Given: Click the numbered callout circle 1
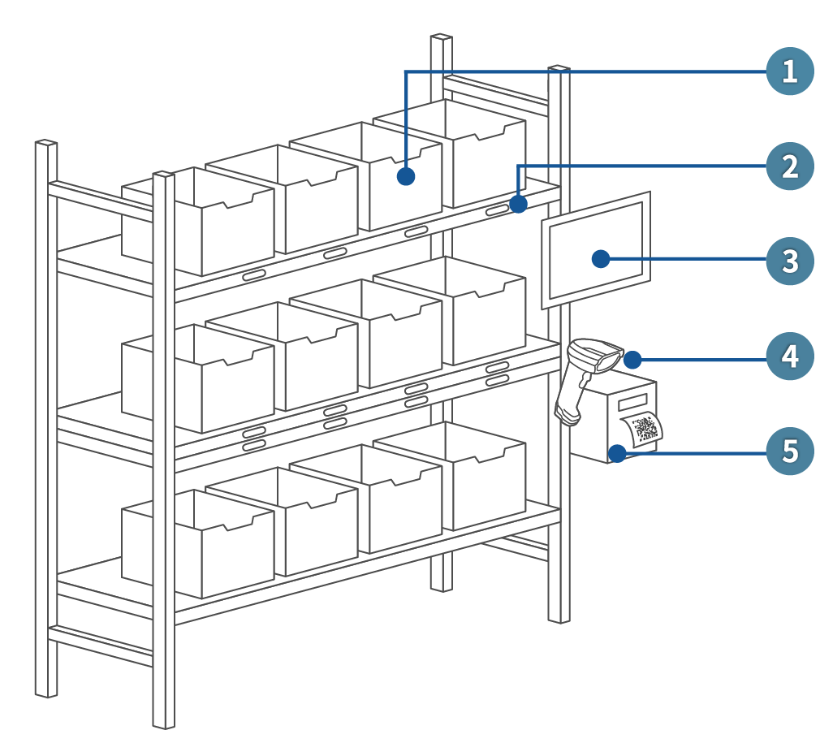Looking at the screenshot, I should [x=788, y=71].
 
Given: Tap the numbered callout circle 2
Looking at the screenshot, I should [x=788, y=166].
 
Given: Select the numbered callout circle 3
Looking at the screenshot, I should [x=788, y=261].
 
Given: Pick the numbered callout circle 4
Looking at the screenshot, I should [x=788, y=356].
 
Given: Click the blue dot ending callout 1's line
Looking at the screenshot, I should [x=407, y=176].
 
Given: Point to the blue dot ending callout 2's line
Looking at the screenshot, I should [x=519, y=203].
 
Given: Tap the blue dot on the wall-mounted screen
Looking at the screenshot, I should [x=601, y=259].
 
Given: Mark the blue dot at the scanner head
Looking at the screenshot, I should [x=632, y=359].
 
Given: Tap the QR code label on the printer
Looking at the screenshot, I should [x=645, y=430].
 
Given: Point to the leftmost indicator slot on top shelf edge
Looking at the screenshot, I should [x=253, y=274].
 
